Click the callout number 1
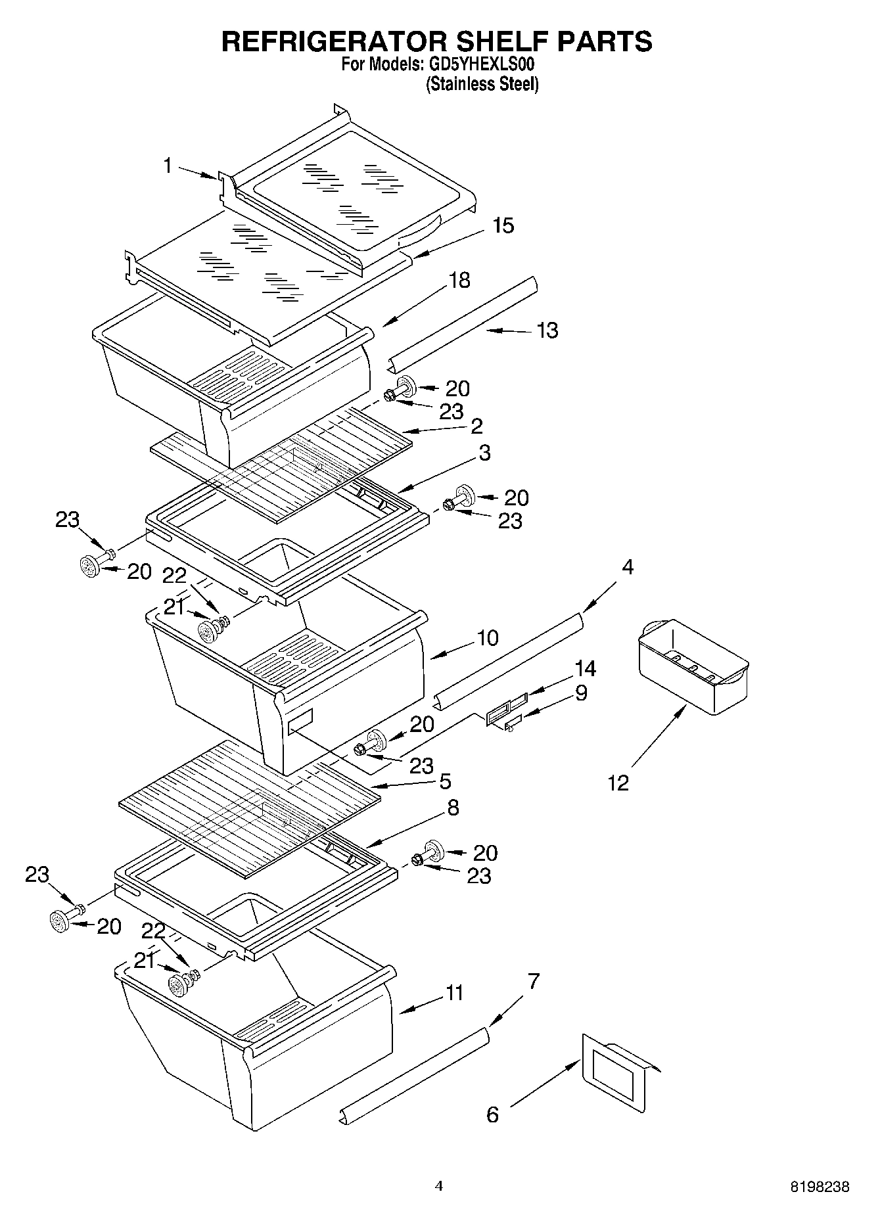168,166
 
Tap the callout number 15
503,225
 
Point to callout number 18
459,281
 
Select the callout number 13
547,330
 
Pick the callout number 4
628,567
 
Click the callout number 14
585,668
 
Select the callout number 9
581,693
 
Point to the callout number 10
488,637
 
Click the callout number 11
455,992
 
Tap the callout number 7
533,982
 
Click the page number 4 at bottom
439,1185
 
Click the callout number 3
484,453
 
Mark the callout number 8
453,808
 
